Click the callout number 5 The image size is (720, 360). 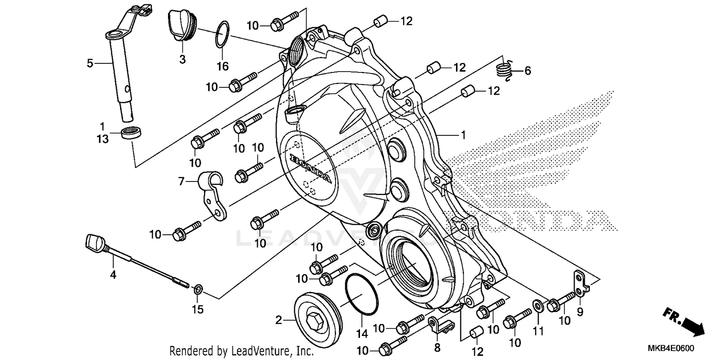point(89,63)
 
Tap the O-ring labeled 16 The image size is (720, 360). point(222,35)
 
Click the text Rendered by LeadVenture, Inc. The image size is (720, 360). point(241,351)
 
